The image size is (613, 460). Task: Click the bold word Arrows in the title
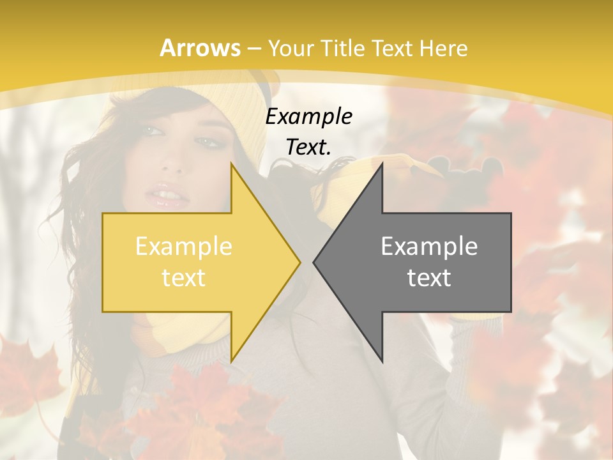click(x=201, y=48)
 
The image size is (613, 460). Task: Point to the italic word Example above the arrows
click(x=309, y=117)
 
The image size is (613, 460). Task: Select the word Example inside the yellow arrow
click(x=184, y=247)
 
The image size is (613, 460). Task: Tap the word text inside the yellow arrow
click(x=184, y=278)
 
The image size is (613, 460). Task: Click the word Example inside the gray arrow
click(x=429, y=247)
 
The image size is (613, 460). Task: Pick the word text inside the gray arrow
click(x=429, y=278)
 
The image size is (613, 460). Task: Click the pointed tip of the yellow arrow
click(x=300, y=263)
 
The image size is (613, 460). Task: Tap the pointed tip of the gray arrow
click(x=314, y=263)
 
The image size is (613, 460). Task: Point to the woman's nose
click(x=171, y=163)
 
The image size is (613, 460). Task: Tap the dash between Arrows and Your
click(x=254, y=49)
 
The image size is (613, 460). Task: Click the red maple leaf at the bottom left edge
click(x=26, y=377)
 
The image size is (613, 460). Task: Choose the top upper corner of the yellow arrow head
click(x=232, y=164)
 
